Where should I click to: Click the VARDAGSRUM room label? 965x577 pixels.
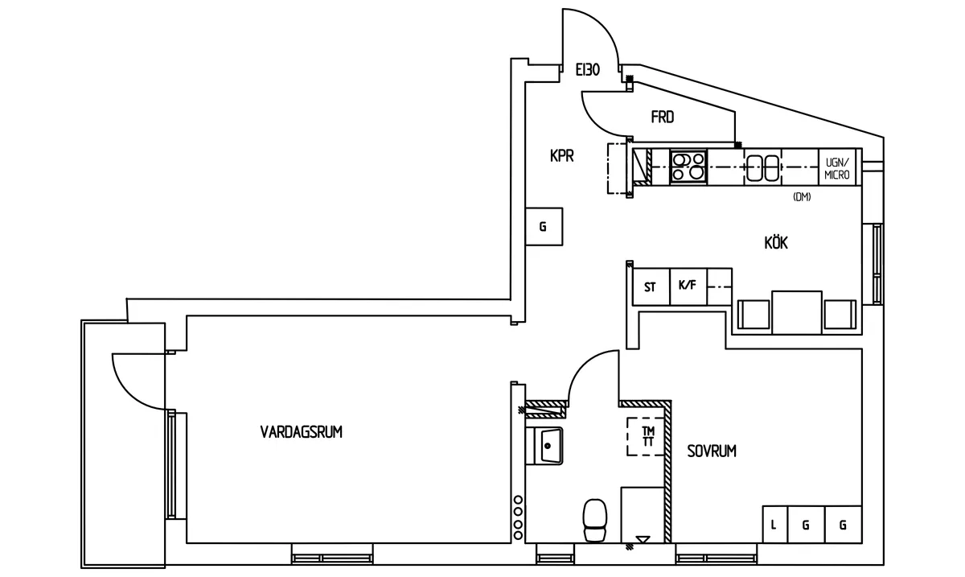click(301, 431)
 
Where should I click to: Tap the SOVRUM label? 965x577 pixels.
click(712, 451)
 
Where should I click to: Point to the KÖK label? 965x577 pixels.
click(776, 243)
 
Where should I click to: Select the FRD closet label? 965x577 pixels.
click(663, 117)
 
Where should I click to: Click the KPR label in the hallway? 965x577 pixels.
click(562, 155)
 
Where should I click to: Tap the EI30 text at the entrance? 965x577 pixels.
click(588, 70)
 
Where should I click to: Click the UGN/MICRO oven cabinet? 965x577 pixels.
click(837, 167)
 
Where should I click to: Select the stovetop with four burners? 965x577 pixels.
click(688, 167)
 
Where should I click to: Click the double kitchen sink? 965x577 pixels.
click(762, 167)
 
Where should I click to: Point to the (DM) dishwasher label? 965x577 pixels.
click(802, 196)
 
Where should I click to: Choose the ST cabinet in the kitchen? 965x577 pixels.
click(651, 286)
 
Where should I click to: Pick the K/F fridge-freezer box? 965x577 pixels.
click(688, 286)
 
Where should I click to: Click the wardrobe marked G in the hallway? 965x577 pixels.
click(544, 227)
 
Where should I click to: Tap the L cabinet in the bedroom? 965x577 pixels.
click(775, 525)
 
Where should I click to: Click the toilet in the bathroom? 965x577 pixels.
click(594, 520)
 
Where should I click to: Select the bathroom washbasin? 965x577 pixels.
click(544, 446)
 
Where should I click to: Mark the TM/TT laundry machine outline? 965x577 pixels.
click(646, 436)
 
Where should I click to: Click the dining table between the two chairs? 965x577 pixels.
click(797, 313)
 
